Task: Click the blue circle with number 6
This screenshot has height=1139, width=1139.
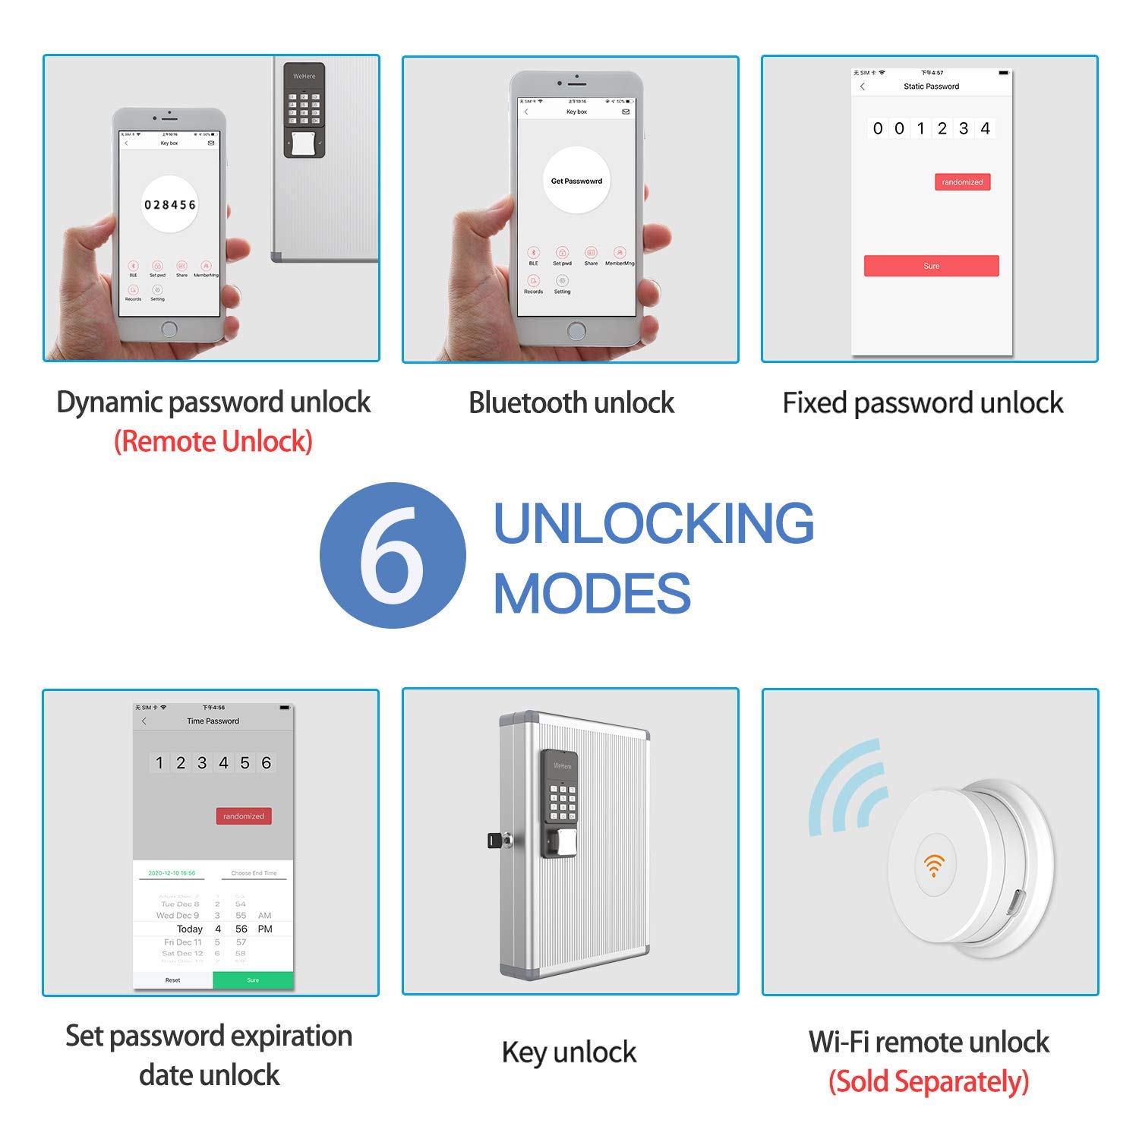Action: coord(393,555)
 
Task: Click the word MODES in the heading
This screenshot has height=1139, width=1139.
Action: coord(592,593)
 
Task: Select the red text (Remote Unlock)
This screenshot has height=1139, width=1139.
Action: coord(213,441)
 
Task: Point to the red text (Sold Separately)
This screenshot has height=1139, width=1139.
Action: coord(929,1081)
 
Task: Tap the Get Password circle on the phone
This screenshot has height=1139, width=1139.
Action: coord(576,181)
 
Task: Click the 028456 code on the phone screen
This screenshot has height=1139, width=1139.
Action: coord(170,205)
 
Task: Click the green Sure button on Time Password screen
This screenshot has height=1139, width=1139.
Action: coord(253,980)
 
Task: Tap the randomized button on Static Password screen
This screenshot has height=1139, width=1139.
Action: coord(962,182)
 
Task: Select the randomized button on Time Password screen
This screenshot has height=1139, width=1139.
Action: coord(244,816)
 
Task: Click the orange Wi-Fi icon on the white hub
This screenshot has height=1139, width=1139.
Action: coord(934,865)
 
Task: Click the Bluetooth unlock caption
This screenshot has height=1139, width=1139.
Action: coord(571,402)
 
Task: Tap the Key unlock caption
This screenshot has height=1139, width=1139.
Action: coord(569,1052)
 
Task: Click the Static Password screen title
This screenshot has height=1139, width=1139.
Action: coord(931,87)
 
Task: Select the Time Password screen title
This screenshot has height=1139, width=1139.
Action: coord(213,721)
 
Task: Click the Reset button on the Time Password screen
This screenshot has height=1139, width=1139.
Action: coord(173,980)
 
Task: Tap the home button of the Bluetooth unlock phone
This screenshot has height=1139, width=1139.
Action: coord(576,331)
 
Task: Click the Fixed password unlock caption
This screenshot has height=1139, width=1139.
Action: coord(923,402)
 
